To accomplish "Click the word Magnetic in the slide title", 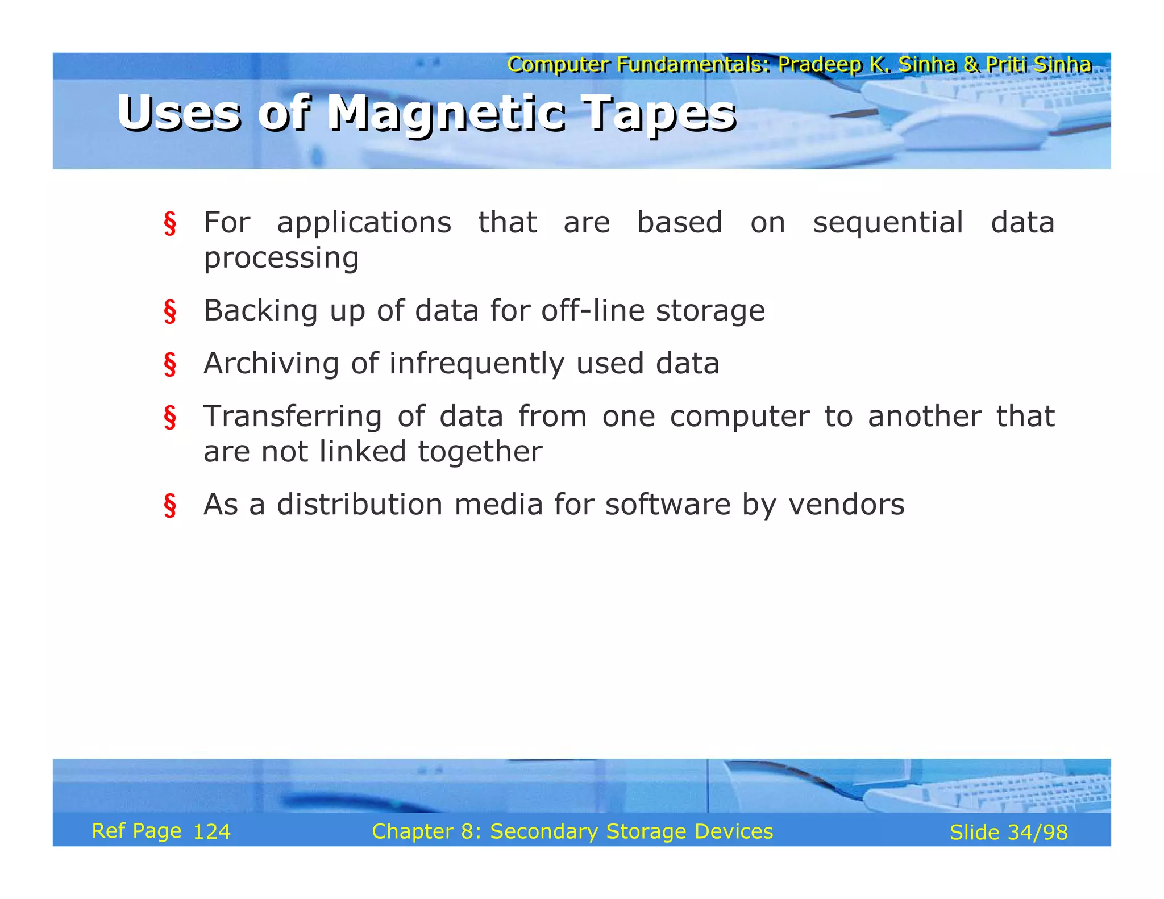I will [x=447, y=114].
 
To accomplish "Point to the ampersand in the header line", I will [x=971, y=65].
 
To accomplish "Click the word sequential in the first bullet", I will [x=888, y=222].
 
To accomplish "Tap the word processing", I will [x=281, y=259].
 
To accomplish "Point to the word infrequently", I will [x=476, y=364].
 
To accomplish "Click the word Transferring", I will [x=293, y=417].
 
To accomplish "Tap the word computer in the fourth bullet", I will [x=739, y=417].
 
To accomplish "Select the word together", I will [x=480, y=452].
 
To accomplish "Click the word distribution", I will [x=360, y=505].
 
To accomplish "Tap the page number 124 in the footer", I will [x=212, y=832].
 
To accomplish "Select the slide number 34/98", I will [x=1037, y=833].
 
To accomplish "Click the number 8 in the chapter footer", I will [x=467, y=831].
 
